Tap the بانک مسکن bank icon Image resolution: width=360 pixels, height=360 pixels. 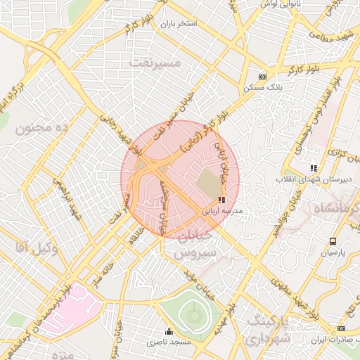pos(263,77)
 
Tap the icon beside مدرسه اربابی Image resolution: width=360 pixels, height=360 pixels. pos(223,200)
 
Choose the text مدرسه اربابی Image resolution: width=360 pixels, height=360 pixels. pos(222,210)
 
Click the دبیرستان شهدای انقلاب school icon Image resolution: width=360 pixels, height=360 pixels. pos(314,168)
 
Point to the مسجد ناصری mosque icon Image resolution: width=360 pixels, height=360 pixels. pos(168,332)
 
